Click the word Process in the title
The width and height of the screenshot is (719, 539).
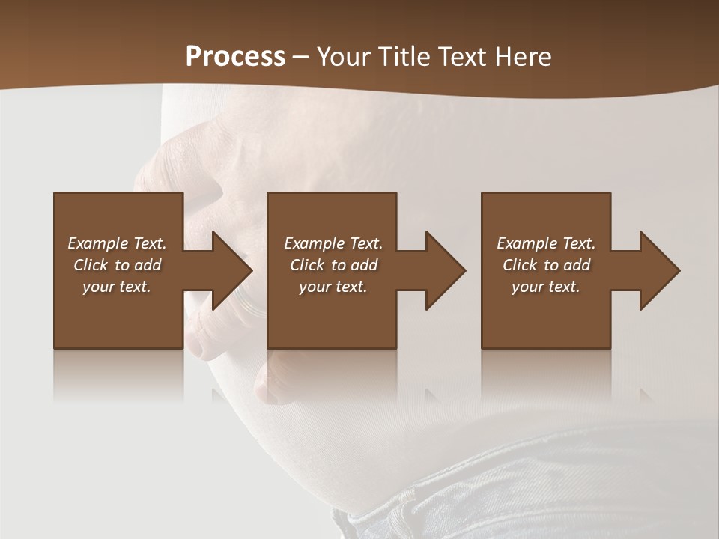[235, 57]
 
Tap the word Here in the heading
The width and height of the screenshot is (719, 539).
[523, 57]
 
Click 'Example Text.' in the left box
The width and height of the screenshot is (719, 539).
[117, 243]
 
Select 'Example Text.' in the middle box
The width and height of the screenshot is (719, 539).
[333, 243]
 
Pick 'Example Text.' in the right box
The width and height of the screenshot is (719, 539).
[546, 243]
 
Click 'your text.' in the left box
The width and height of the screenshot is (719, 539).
[117, 287]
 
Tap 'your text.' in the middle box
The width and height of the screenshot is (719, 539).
[333, 287]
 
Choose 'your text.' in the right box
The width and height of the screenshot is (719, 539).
[546, 287]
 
